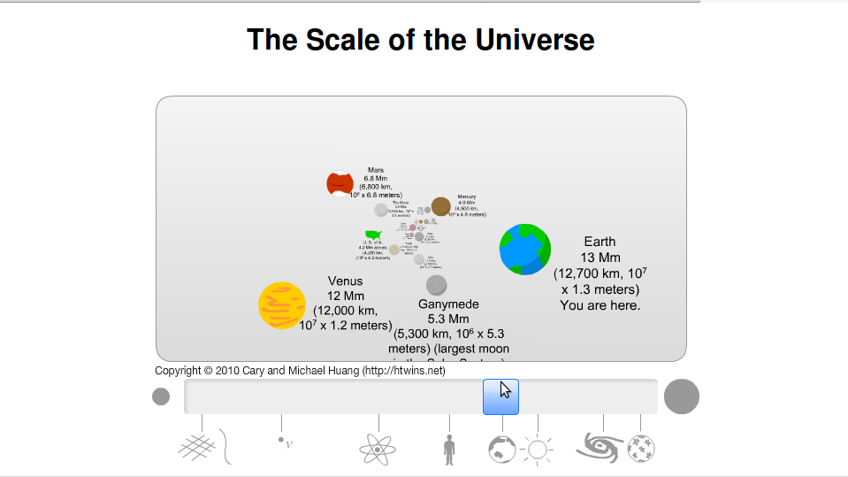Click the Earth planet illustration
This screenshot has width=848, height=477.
(525, 250)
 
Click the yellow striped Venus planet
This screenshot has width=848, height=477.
(282, 305)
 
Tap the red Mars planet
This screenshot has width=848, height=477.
(340, 184)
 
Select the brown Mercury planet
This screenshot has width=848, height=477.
(441, 206)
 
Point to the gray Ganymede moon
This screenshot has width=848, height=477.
(436, 285)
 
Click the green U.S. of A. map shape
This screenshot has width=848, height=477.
(374, 235)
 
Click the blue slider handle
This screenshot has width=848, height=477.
(500, 396)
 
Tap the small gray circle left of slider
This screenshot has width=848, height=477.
(161, 396)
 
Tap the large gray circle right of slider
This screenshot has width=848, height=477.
(682, 396)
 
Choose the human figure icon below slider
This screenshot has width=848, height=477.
(449, 449)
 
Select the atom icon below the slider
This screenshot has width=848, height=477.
(378, 450)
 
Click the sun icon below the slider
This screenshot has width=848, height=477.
(537, 450)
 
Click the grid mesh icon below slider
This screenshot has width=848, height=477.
(197, 448)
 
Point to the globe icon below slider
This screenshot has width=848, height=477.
(501, 450)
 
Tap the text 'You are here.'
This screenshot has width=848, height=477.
(600, 305)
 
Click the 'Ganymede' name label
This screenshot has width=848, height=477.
(448, 304)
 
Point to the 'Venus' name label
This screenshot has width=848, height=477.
(345, 281)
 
